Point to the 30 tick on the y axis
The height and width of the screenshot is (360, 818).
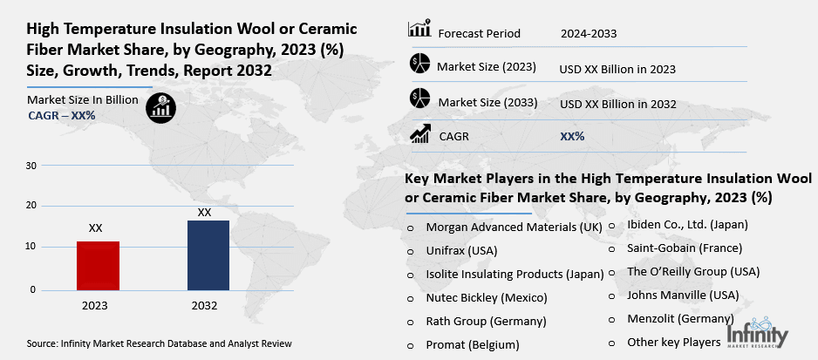(x=31, y=166)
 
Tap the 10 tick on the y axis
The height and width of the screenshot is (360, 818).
(x=31, y=247)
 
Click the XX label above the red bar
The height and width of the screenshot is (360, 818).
(x=96, y=228)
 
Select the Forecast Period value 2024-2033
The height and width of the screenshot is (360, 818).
(x=589, y=34)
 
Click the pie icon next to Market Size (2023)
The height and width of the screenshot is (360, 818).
(x=419, y=65)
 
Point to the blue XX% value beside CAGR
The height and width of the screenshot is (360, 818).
(x=572, y=136)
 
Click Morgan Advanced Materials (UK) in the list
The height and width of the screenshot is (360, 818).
(x=514, y=227)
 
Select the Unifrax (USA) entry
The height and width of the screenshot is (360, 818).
(x=462, y=250)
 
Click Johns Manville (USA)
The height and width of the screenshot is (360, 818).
(x=683, y=295)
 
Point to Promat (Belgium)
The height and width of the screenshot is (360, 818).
(x=472, y=344)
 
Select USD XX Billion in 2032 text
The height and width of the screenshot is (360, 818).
(x=618, y=103)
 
